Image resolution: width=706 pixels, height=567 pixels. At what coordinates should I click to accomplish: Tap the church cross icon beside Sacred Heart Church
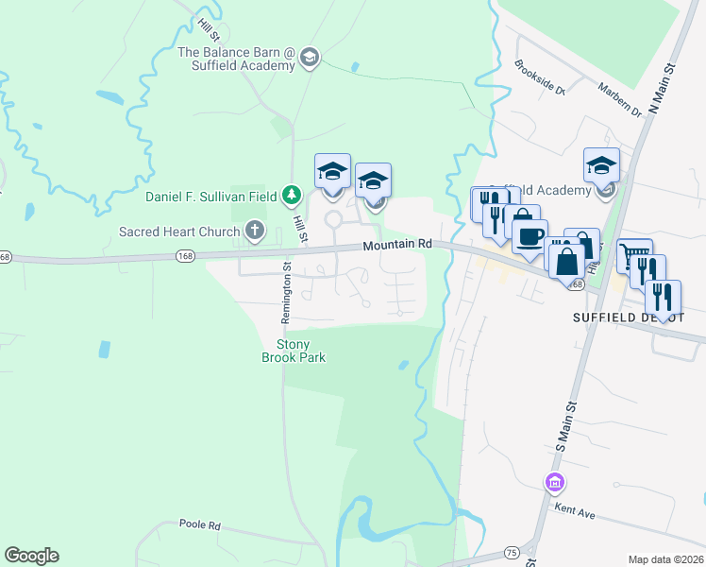click(254, 230)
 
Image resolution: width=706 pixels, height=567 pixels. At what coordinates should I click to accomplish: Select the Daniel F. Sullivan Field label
click(211, 197)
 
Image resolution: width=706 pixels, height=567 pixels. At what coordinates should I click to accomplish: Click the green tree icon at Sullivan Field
click(293, 196)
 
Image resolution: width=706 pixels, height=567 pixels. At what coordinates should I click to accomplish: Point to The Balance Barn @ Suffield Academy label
click(237, 60)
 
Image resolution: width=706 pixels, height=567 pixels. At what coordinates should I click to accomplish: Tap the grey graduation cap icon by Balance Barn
click(309, 60)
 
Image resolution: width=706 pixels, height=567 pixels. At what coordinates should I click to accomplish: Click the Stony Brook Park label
click(293, 352)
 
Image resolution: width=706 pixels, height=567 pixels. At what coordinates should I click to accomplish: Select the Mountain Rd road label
click(397, 244)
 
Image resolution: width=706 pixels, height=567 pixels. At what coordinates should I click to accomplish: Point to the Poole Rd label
click(199, 524)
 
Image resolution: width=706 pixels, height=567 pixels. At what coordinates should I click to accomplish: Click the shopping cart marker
click(634, 254)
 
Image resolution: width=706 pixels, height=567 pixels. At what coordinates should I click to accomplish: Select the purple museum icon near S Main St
click(554, 484)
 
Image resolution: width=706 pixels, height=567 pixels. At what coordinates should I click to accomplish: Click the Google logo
click(31, 556)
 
